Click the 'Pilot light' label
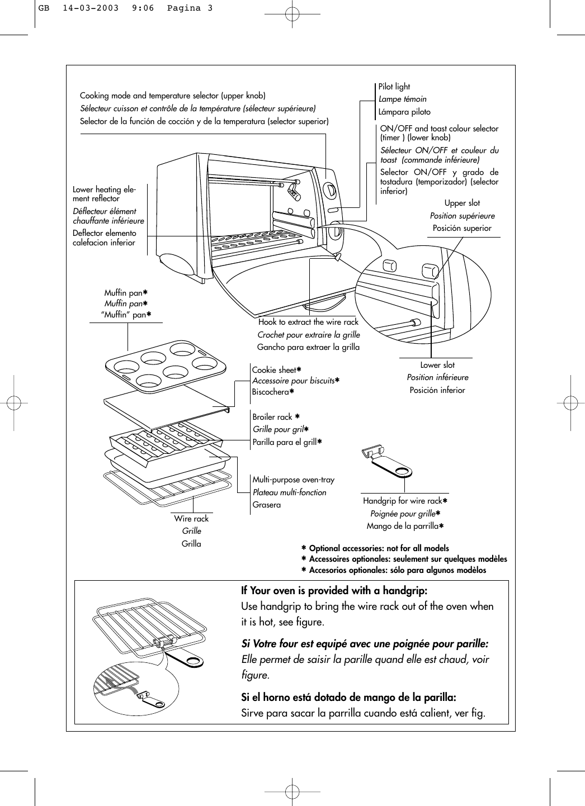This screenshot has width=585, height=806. (x=394, y=87)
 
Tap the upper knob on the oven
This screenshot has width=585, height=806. (x=330, y=190)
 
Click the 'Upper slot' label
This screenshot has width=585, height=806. (x=462, y=203)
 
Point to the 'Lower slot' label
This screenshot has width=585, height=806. (x=437, y=365)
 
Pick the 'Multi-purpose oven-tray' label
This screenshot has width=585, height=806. (x=293, y=480)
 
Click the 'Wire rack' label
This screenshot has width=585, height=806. (x=191, y=519)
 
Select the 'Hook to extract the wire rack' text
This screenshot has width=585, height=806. (x=308, y=322)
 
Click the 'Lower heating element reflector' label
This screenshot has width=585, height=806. (x=104, y=194)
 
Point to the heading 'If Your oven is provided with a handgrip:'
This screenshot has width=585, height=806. (x=334, y=591)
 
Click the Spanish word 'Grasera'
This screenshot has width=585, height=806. (x=267, y=505)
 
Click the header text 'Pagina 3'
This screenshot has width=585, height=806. (x=190, y=8)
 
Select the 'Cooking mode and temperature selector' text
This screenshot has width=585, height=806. (x=173, y=96)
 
